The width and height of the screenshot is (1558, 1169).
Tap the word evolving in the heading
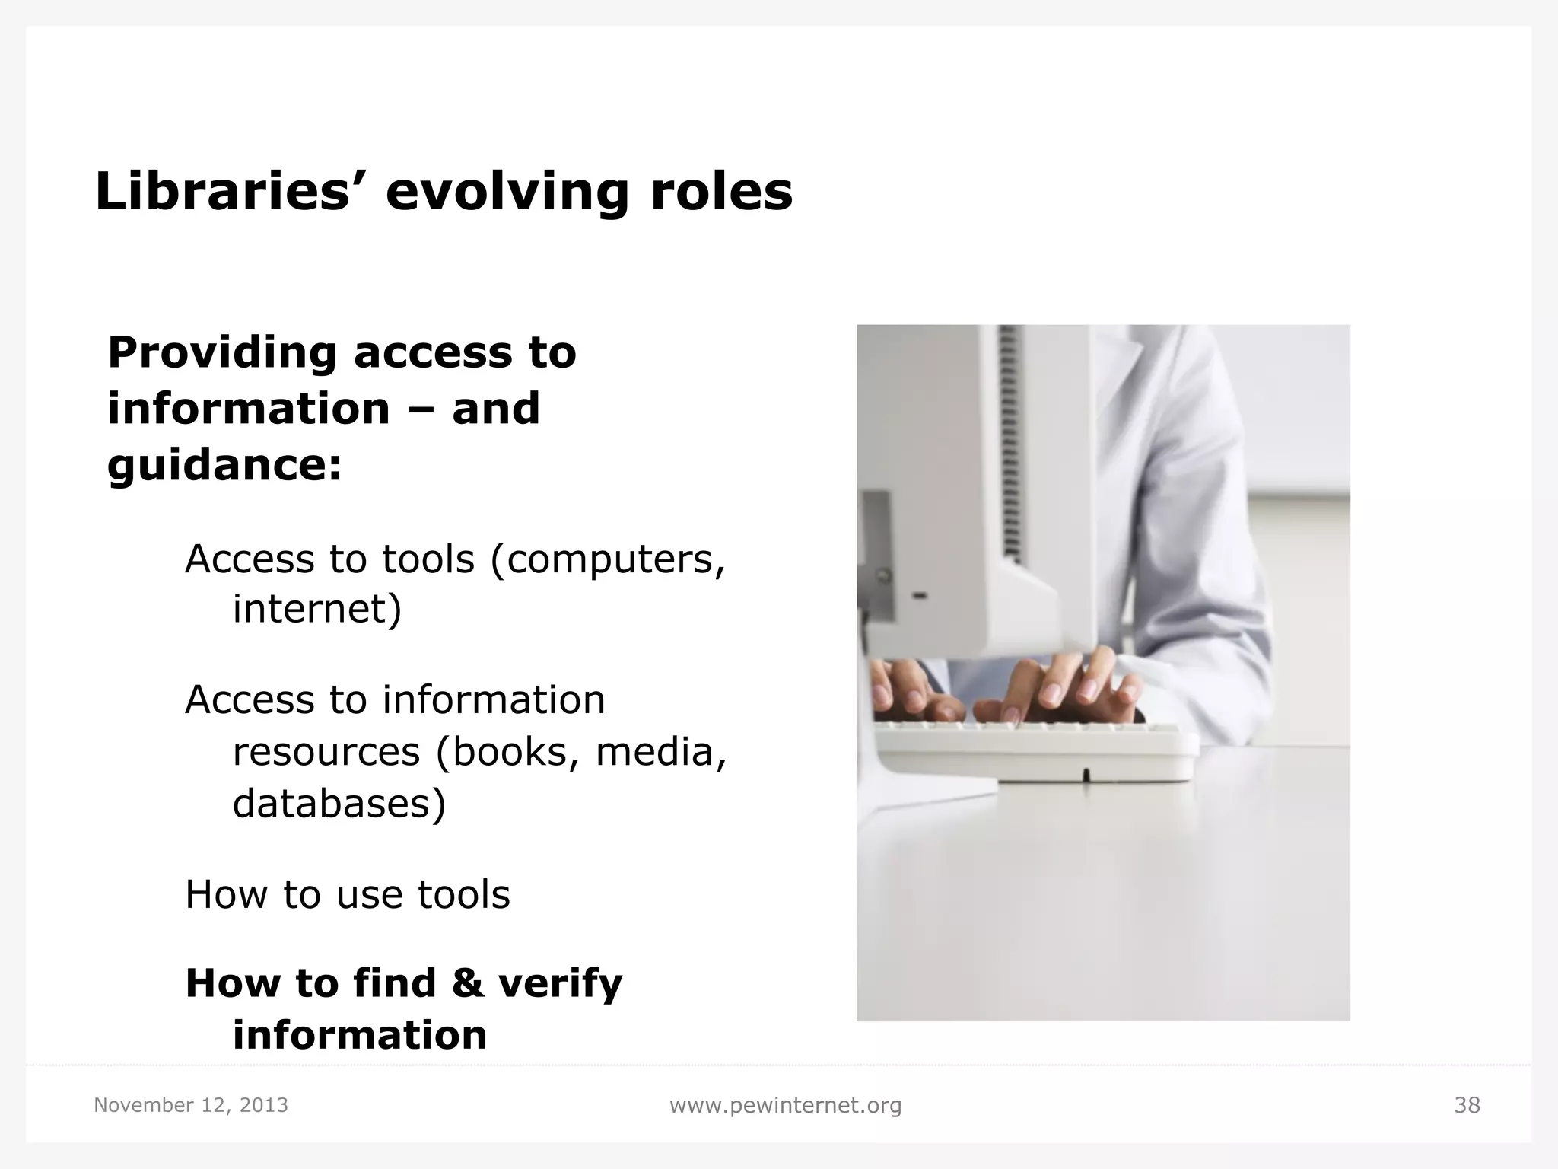coord(507,193)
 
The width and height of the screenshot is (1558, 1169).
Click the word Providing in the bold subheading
coord(221,354)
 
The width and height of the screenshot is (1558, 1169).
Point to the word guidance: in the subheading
coord(224,466)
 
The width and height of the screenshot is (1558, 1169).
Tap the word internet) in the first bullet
coord(316,609)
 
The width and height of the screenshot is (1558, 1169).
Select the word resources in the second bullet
coord(326,752)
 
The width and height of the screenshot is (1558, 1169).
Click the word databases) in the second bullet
coord(339,804)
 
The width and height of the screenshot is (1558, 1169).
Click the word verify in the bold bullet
coord(560,983)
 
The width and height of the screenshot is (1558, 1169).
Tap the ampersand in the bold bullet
coord(468,983)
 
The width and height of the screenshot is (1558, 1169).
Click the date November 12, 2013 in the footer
coord(191,1105)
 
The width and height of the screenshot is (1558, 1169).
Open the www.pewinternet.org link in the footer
coord(785,1105)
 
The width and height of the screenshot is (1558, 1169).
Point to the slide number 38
coord(1467,1105)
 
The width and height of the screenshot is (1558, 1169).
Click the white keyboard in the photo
coord(1035,750)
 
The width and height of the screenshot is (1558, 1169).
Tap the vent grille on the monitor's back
coord(1010,441)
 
